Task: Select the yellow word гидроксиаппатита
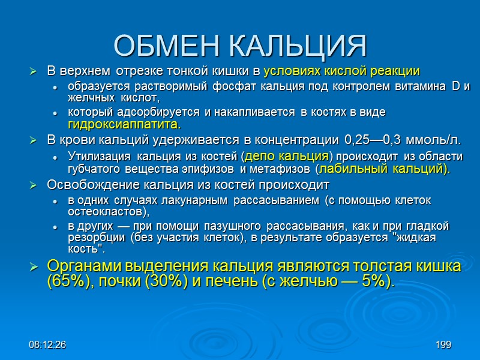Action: click(124, 124)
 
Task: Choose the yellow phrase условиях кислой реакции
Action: click(341, 71)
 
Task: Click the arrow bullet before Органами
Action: click(34, 266)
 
